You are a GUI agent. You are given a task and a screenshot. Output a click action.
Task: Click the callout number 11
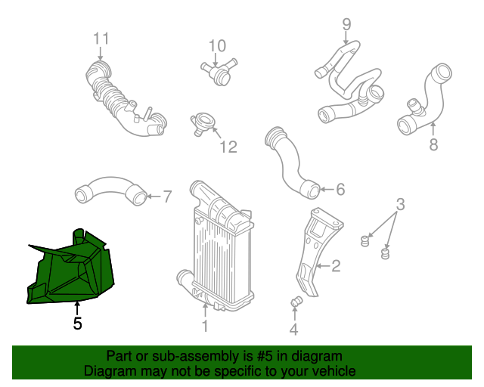click(x=101, y=39)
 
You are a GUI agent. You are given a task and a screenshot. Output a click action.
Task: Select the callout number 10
click(x=217, y=46)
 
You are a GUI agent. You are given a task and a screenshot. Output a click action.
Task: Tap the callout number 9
click(x=346, y=24)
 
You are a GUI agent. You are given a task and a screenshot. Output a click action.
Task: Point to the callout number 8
click(x=433, y=144)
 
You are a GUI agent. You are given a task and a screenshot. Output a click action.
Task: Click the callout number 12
click(x=228, y=147)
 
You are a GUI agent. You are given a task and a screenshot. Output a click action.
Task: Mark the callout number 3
click(x=401, y=204)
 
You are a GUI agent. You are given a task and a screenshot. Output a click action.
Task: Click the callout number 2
click(x=335, y=266)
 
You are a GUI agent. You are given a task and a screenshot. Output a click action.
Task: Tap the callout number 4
click(x=293, y=329)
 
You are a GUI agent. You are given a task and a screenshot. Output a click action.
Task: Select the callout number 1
click(x=204, y=327)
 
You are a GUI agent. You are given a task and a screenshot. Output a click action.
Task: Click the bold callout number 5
click(x=77, y=324)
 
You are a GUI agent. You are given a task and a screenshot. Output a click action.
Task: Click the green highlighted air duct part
click(x=72, y=268)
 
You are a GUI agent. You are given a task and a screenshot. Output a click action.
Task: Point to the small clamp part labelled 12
click(x=203, y=123)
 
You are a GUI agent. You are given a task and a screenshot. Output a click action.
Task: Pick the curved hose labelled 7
click(x=110, y=191)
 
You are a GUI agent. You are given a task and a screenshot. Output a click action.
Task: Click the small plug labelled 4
click(x=296, y=303)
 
